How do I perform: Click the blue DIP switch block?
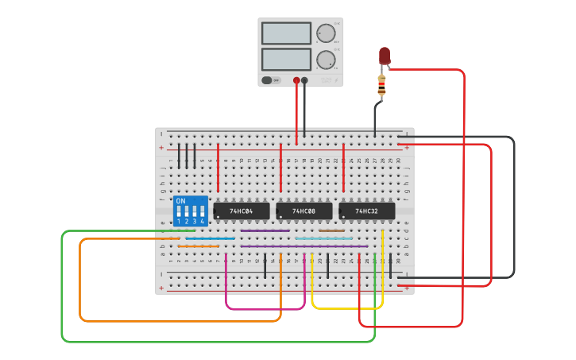pyautogui.click(x=191, y=211)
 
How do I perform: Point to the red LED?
pyautogui.click(x=385, y=56)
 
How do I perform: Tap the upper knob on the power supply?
pyautogui.click(x=325, y=33)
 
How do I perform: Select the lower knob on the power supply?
pyautogui.click(x=325, y=60)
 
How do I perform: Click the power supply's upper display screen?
pyautogui.click(x=286, y=33)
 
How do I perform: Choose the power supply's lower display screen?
pyautogui.click(x=286, y=59)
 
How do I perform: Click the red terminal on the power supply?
pyautogui.click(x=296, y=80)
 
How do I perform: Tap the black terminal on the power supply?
pyautogui.click(x=304, y=80)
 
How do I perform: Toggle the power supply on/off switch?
pyautogui.click(x=271, y=80)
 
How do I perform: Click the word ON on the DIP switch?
pyautogui.click(x=180, y=202)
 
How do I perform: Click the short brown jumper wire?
pyautogui.click(x=332, y=231)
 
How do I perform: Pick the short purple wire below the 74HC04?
pyautogui.click(x=265, y=231)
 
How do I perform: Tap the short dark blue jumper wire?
pyautogui.click(x=211, y=238)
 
